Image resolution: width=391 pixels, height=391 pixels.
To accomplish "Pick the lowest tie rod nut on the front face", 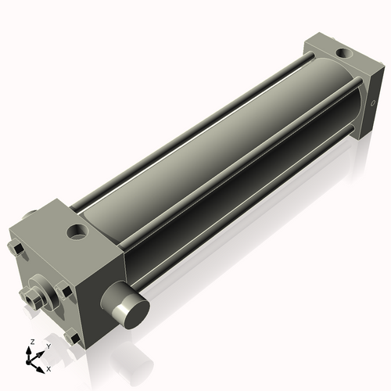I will point(74,338).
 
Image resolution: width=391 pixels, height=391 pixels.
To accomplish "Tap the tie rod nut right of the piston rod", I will point(67,292).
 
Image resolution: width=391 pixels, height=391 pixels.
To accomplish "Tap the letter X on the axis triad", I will point(49,368).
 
